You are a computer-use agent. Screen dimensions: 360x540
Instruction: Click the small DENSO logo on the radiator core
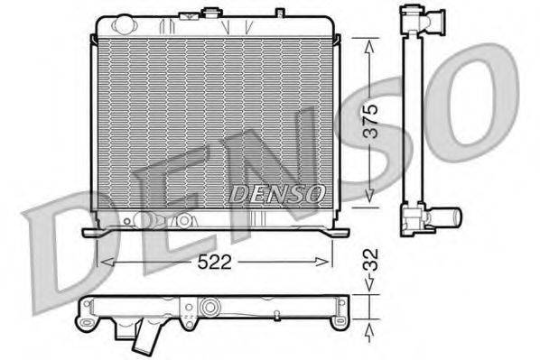click(x=277, y=193)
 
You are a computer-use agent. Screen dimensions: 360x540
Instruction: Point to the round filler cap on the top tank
click(x=214, y=13)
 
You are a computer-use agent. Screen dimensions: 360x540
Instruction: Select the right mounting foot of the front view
click(x=339, y=232)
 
